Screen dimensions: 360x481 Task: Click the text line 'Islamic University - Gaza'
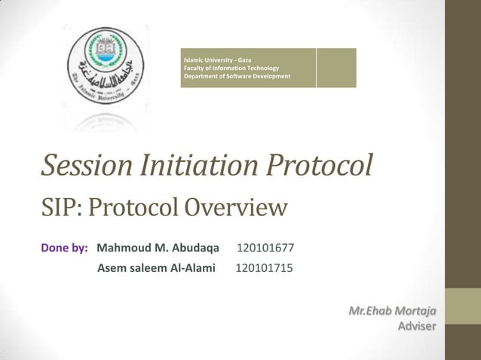218,59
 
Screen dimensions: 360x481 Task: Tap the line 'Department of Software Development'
237,77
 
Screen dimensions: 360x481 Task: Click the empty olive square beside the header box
336,68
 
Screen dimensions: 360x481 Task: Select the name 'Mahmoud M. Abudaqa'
158,248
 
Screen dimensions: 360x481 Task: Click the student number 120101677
265,248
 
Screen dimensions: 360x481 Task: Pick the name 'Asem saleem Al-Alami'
156,268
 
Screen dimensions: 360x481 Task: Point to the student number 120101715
265,268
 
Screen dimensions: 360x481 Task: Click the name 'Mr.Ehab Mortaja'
392,311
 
